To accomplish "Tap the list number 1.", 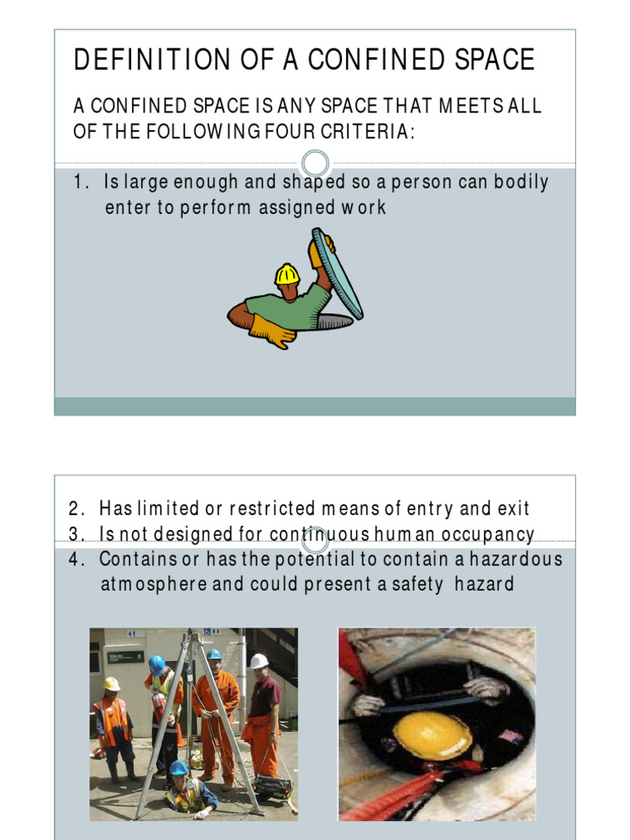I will (79, 182).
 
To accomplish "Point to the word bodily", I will (522, 182).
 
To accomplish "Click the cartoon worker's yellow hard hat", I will (287, 274).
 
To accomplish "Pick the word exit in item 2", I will (513, 509).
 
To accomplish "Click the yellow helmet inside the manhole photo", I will (431, 735).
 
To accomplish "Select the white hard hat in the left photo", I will (258, 661).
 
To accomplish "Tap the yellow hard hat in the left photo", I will (112, 683).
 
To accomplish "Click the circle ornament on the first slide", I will (315, 162).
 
